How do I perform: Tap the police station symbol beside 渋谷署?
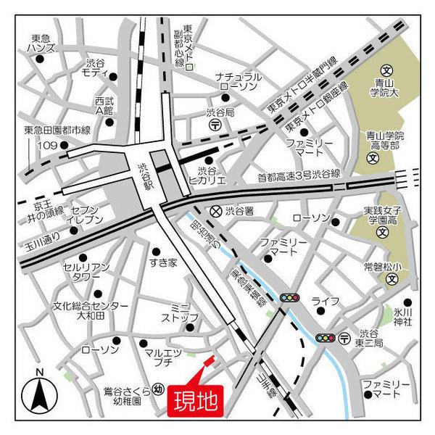pyautogui.click(x=215, y=211)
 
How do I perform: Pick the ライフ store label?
pyautogui.click(x=320, y=301)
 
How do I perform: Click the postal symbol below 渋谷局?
pyautogui.click(x=215, y=125)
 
